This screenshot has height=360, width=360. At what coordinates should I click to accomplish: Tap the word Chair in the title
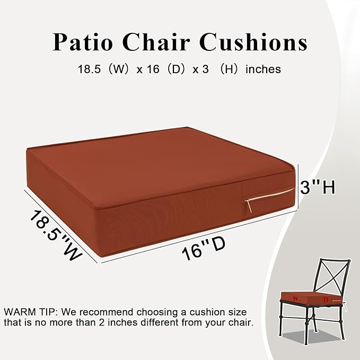[165, 42]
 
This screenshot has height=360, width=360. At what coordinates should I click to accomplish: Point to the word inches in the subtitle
[263, 69]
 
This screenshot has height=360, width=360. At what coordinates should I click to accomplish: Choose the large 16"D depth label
[201, 249]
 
